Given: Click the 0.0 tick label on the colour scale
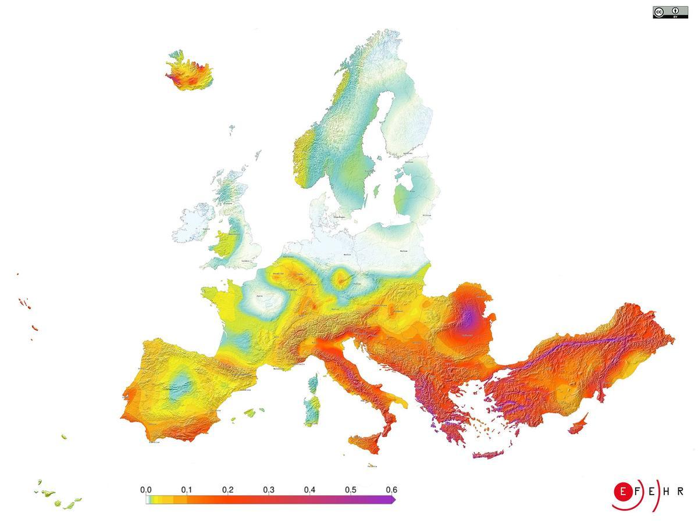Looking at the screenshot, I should point(146,490).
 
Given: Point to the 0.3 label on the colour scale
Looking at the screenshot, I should point(269,490).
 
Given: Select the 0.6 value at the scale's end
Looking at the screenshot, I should point(391,490).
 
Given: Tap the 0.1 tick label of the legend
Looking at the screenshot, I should point(187,490).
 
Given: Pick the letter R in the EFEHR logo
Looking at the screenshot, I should point(680,492).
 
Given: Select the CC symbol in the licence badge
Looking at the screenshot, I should point(659,12).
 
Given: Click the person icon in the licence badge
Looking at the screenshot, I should point(675,11).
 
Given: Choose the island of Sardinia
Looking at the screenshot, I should point(312,410).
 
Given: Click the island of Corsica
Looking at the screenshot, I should point(314,384).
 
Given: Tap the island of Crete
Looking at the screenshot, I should point(492,454).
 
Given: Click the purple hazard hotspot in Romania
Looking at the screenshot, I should point(468,318).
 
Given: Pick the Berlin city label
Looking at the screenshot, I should point(348,255).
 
